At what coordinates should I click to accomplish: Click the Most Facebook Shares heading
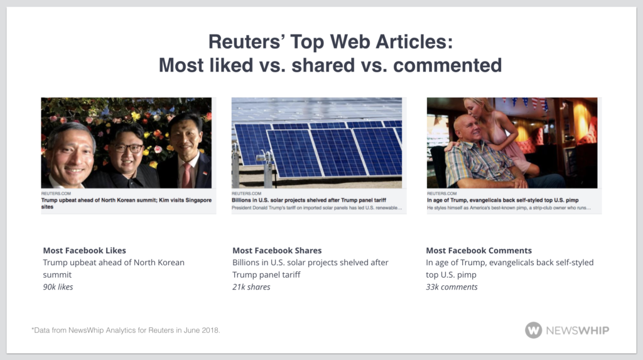[277, 250]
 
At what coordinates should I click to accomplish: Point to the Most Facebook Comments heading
[478, 250]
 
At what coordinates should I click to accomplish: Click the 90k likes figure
[58, 286]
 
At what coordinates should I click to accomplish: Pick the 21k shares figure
[251, 286]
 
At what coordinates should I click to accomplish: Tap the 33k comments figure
[451, 286]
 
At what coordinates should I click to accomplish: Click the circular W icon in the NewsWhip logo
[533, 330]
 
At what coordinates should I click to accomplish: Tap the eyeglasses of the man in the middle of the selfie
[129, 148]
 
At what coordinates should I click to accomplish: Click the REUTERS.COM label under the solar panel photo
[246, 194]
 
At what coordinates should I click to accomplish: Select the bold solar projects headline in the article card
[307, 200]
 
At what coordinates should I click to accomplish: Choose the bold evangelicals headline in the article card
[502, 200]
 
